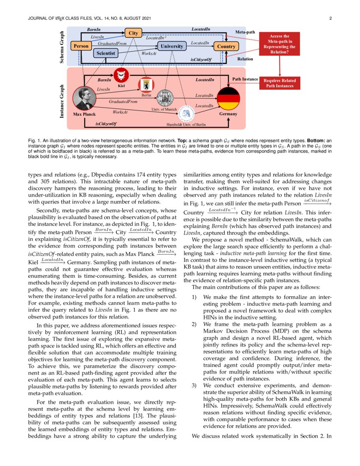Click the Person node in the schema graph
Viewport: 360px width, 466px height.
pyautogui.click(x=81, y=46)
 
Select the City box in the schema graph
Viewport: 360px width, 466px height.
pyautogui.click(x=132, y=33)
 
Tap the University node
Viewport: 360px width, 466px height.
pyautogui.click(x=172, y=46)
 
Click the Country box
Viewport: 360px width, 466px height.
pyautogui.click(x=226, y=46)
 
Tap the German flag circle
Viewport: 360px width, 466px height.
pyautogui.click(x=228, y=98)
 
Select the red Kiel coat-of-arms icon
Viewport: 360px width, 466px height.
pyautogui.click(x=121, y=75)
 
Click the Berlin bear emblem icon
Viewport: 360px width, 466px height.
pyautogui.click(x=147, y=84)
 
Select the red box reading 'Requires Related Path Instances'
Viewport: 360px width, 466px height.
pyautogui.click(x=280, y=83)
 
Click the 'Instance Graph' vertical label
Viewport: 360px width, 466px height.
pyautogui.click(x=61, y=100)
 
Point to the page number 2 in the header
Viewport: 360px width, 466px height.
pyautogui.click(x=330, y=19)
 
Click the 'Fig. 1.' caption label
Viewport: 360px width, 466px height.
pyautogui.click(x=34, y=140)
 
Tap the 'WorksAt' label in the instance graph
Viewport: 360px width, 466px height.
pyautogui.click(x=120, y=112)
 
